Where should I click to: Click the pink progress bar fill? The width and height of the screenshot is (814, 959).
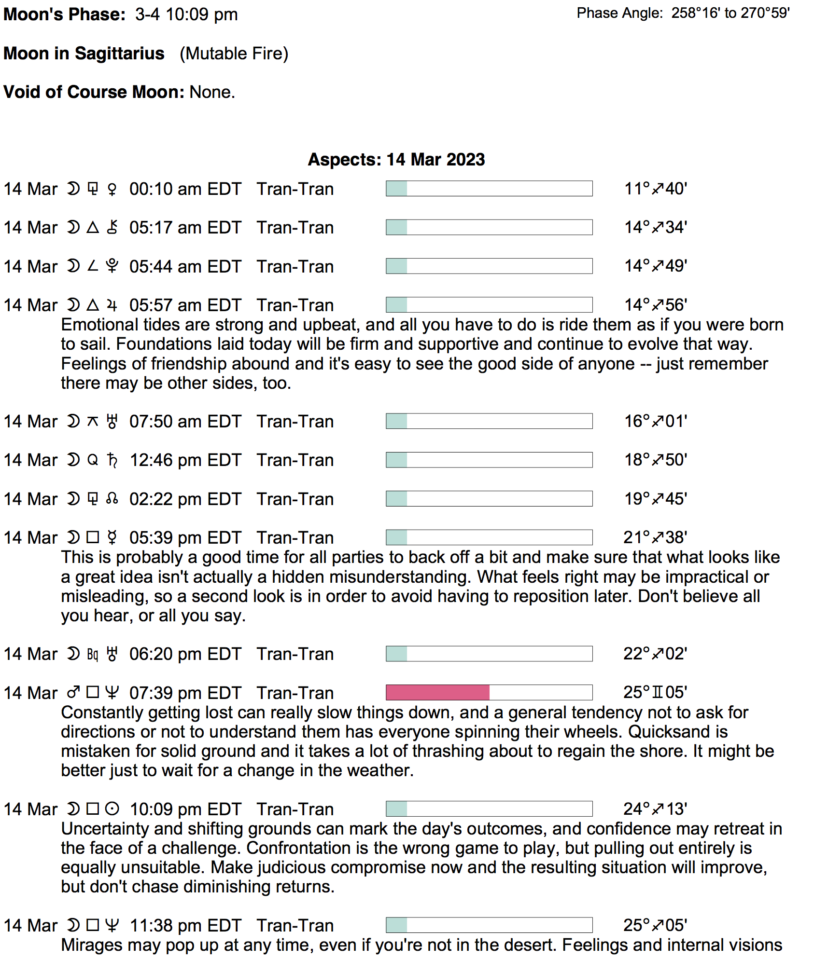tap(437, 692)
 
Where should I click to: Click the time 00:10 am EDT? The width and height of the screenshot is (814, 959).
tap(185, 189)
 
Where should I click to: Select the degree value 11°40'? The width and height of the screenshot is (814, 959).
tap(655, 189)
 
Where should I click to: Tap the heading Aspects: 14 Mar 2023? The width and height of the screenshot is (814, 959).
tap(396, 160)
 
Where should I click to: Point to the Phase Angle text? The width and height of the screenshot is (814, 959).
tap(683, 13)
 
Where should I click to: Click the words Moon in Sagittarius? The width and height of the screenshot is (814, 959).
tap(84, 54)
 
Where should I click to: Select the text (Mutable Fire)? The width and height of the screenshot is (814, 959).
tap(234, 54)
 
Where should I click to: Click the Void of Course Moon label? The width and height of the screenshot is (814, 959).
tap(94, 92)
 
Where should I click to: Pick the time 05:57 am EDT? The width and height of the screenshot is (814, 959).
tap(185, 305)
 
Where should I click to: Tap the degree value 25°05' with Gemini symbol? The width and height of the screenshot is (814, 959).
tap(655, 692)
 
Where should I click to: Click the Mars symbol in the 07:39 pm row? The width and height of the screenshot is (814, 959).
tap(73, 693)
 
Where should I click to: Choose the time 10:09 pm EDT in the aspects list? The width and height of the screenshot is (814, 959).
tap(185, 809)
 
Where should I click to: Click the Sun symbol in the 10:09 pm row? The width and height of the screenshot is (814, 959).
tap(112, 808)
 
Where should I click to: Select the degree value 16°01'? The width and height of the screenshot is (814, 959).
tap(655, 421)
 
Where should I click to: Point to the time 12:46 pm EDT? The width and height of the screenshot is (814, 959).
tap(185, 460)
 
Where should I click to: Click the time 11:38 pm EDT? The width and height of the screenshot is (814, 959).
tap(185, 925)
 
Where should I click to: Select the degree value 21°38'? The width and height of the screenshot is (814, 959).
tap(655, 537)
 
